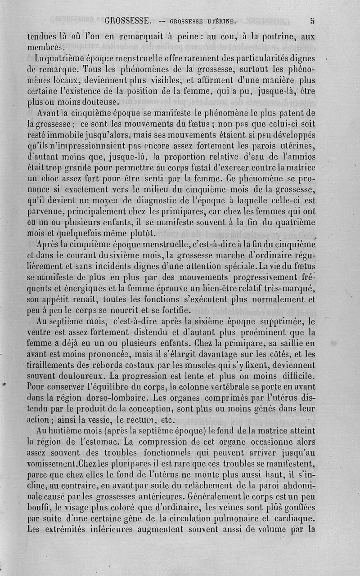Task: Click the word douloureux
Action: coord(94,375)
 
